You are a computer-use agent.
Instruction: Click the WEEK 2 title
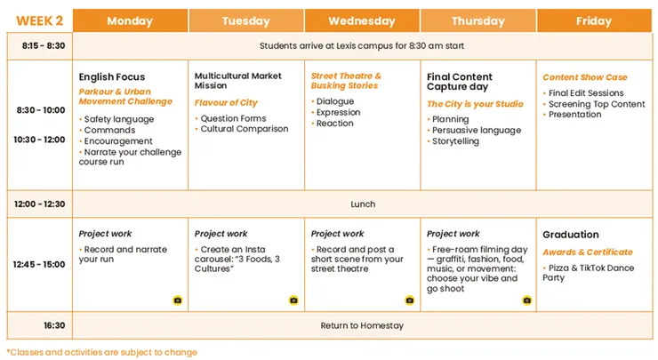tap(39, 20)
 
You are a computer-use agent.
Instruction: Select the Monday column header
tap(130, 20)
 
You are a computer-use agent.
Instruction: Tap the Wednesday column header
tap(362, 20)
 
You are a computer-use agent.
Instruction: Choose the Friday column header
tap(594, 20)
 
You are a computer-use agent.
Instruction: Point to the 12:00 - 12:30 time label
tap(39, 204)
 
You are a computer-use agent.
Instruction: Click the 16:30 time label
tap(54, 325)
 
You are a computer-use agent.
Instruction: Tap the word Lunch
tap(363, 204)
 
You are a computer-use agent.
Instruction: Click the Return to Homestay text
tap(362, 325)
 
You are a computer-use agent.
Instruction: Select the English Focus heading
tap(112, 76)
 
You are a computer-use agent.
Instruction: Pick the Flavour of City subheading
tap(226, 103)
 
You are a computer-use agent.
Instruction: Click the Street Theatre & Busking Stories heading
tap(346, 81)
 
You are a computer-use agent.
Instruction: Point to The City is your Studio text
tap(475, 104)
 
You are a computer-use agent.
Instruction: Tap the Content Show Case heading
tap(585, 77)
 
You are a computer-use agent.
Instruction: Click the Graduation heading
tap(571, 235)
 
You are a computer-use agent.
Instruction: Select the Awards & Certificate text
tap(588, 252)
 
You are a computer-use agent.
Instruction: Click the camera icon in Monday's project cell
tap(178, 300)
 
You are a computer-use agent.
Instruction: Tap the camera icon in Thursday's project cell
tap(526, 300)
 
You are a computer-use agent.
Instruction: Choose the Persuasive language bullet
tap(474, 131)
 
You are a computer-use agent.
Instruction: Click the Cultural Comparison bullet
tap(241, 129)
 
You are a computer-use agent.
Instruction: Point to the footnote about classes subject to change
tap(101, 352)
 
